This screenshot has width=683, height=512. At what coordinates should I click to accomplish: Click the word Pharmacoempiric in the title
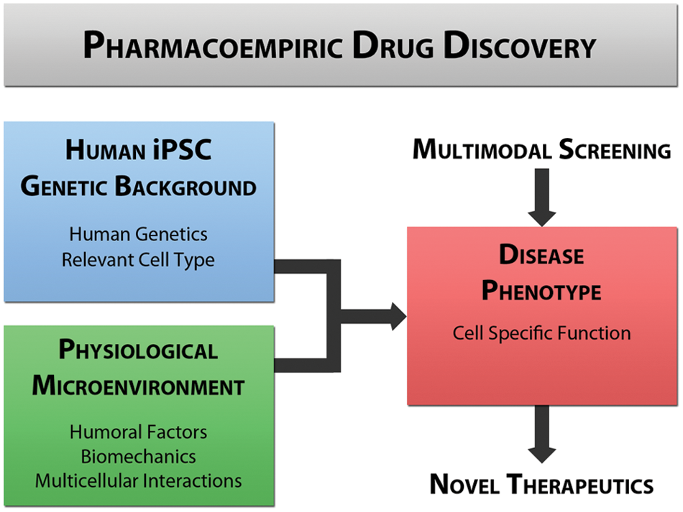213,45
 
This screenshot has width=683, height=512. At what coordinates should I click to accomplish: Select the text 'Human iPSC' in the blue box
139,149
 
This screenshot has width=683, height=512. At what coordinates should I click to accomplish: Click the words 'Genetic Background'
139,186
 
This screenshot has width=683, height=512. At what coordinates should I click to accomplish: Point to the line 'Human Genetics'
139,234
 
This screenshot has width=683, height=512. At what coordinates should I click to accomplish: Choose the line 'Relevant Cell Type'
138,260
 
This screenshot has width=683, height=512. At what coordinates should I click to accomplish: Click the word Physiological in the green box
139,350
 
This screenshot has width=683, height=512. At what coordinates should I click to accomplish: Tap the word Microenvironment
139,386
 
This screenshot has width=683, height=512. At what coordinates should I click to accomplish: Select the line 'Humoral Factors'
139,432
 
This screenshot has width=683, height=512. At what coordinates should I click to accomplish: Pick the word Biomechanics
139,456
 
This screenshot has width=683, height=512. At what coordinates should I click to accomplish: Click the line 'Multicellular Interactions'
139,480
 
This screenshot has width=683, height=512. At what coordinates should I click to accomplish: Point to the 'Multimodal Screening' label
542,149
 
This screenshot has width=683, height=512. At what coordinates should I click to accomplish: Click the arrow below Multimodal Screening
542,197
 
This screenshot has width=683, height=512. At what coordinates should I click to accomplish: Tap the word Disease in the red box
541,254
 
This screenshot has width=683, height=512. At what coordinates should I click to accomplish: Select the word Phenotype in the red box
541,290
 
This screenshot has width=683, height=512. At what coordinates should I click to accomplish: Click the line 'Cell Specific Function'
542,333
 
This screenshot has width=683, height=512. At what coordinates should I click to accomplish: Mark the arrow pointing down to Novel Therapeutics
542,434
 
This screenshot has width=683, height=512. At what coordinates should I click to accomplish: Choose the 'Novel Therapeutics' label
542,484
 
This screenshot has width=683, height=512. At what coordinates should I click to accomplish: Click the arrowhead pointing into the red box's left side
398,316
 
